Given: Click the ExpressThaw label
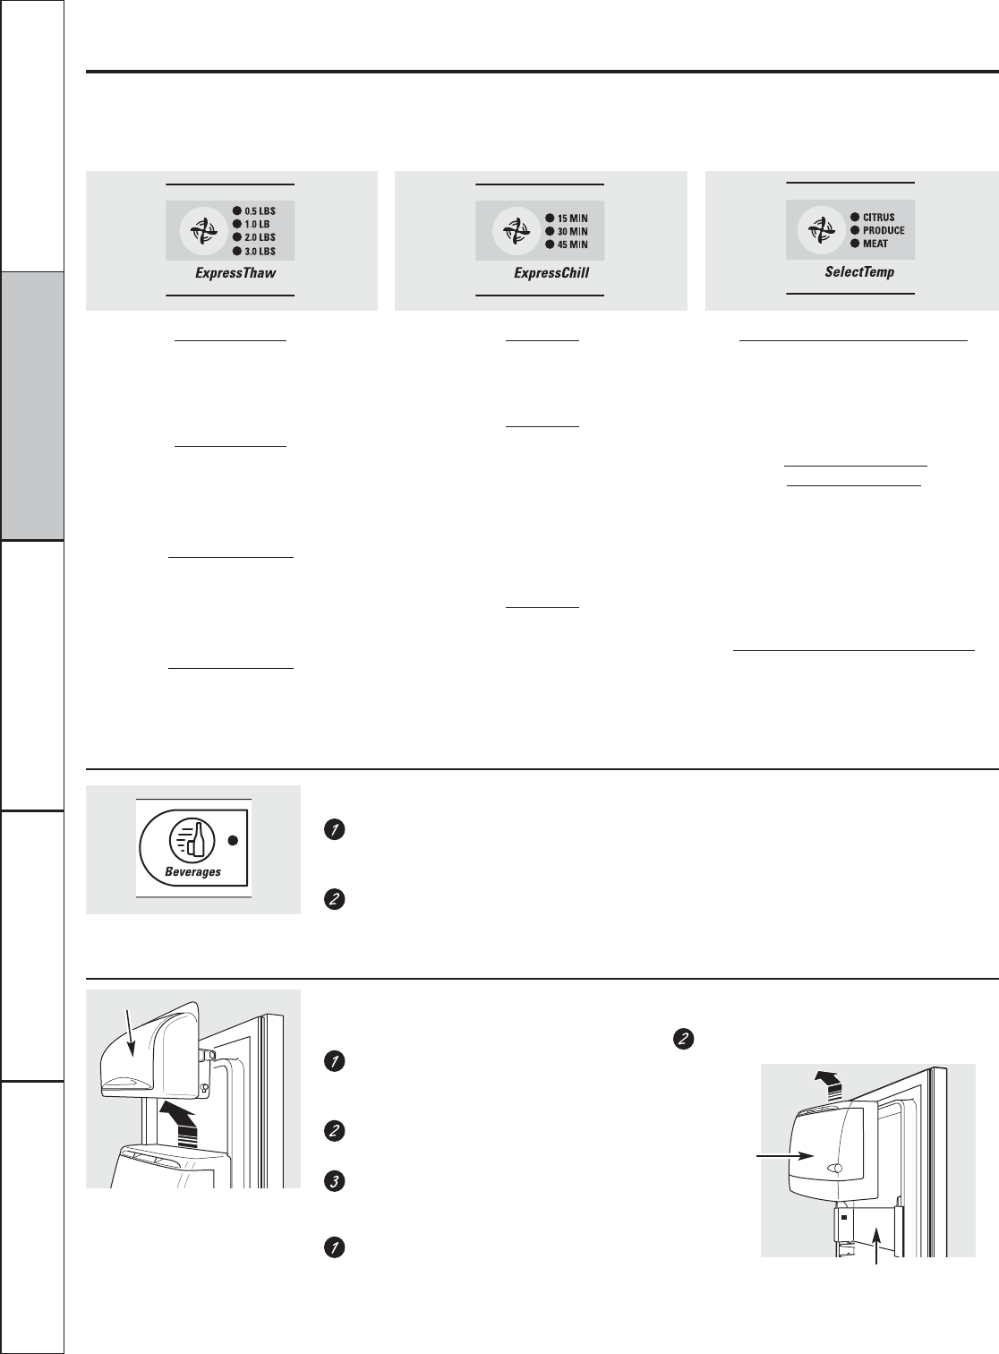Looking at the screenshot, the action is (235, 272).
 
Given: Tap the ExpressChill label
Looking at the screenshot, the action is (551, 272).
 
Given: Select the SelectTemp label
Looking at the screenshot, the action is (859, 271).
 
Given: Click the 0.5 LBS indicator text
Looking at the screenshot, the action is (260, 211).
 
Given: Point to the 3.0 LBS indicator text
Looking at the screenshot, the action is (260, 252).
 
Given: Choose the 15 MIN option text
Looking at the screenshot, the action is (572, 218).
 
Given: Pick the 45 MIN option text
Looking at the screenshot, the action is (572, 244).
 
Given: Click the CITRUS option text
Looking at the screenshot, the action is (878, 217).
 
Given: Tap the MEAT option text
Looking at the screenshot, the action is (875, 244).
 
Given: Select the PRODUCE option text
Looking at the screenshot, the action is (884, 230).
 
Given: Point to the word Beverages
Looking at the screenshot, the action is (192, 871).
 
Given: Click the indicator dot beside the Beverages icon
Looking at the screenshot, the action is (233, 841).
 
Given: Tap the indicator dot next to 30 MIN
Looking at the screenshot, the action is (550, 231).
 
